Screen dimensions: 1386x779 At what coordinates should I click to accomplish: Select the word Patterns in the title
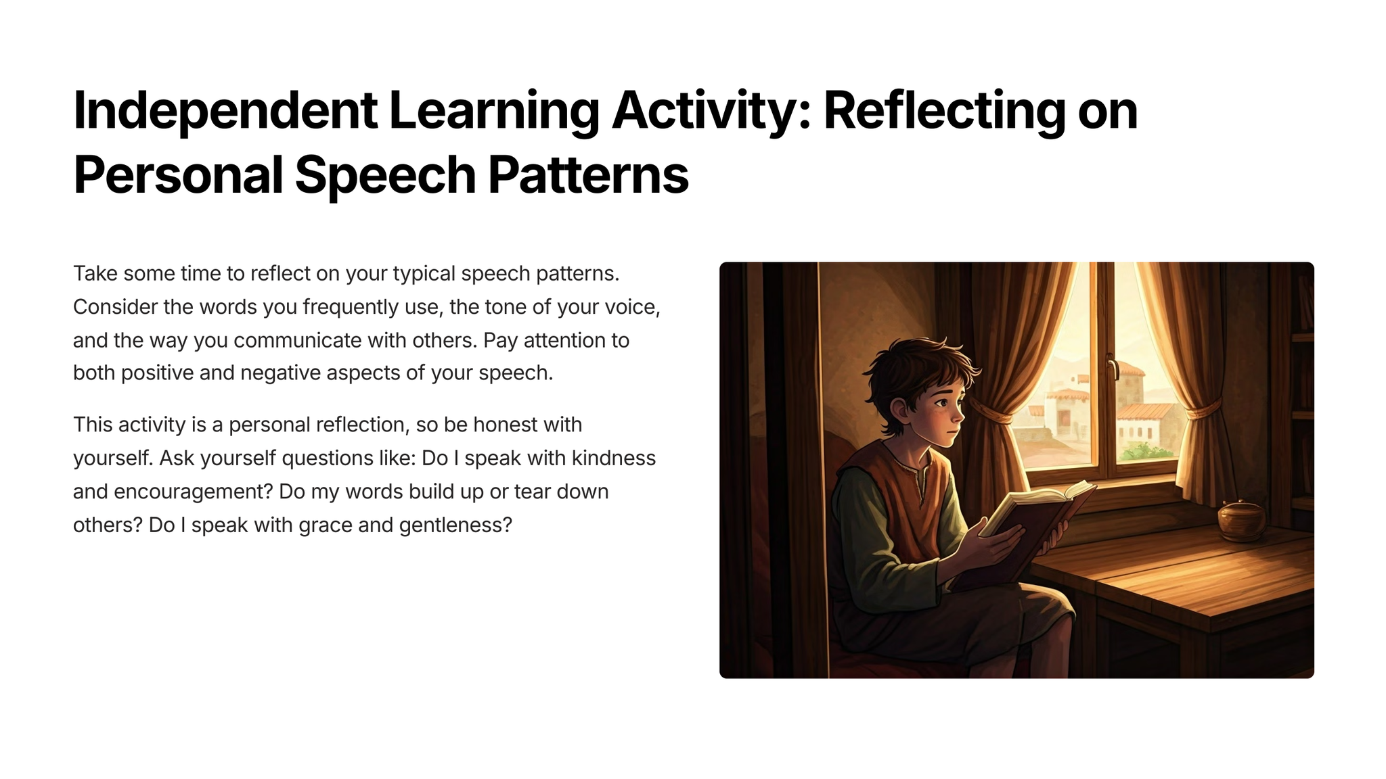click(x=588, y=175)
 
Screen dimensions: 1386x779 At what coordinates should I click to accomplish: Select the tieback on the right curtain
click(x=1201, y=408)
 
